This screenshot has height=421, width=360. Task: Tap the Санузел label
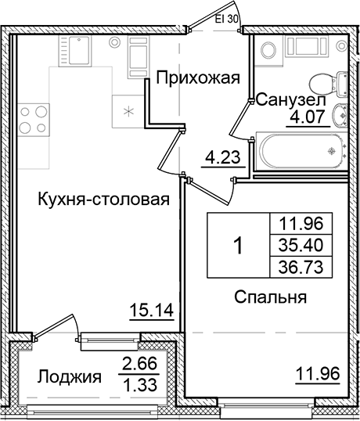pos(286,100)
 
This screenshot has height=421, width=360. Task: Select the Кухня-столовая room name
pos(103,199)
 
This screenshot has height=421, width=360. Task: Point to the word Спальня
pos(268,297)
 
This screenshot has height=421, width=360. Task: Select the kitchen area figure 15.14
pos(150,312)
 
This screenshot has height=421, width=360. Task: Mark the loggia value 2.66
pos(136,362)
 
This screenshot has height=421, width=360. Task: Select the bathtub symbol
pos(301,149)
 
